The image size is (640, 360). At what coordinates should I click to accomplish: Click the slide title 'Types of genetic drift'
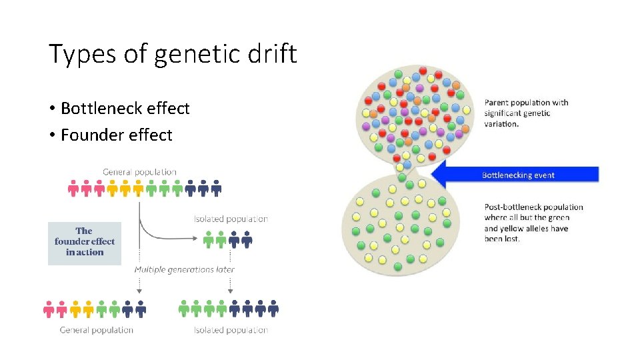[x=173, y=53]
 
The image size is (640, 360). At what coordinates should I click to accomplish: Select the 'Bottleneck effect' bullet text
[x=125, y=108]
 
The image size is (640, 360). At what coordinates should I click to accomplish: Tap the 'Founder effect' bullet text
[x=116, y=135]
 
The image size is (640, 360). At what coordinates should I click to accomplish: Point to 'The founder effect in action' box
[x=85, y=242]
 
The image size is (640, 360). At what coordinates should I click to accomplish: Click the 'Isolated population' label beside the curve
[x=231, y=219]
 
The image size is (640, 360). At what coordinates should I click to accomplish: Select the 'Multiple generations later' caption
[x=184, y=269]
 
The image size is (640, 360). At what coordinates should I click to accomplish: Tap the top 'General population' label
[x=139, y=172]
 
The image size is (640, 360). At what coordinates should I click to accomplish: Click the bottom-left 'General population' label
[x=97, y=329]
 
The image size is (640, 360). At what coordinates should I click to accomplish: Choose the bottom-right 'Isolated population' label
[x=231, y=329]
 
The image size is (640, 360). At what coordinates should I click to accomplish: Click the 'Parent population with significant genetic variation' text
[x=526, y=113]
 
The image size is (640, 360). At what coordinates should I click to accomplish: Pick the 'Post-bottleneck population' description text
[x=533, y=223]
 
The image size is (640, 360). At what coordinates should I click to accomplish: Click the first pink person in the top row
[x=73, y=189]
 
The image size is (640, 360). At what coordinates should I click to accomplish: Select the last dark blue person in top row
[x=216, y=189]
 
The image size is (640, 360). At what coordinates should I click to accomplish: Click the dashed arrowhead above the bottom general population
[x=139, y=291]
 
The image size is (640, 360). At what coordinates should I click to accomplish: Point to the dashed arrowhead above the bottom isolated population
[x=231, y=291]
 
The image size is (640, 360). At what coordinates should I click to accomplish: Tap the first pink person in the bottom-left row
[x=49, y=309]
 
